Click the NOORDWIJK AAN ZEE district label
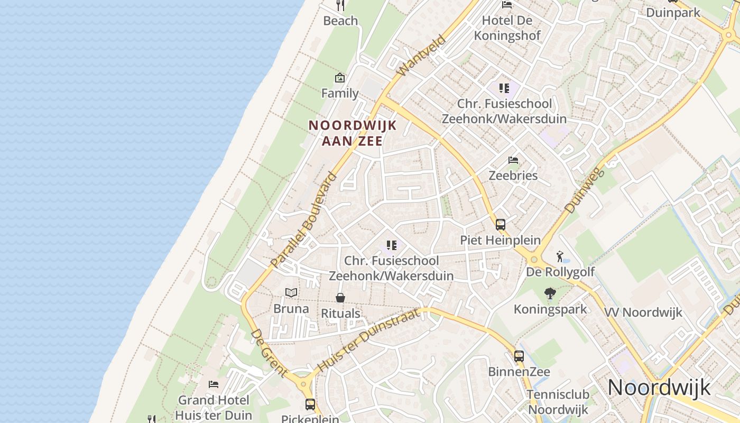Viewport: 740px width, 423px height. (x=352, y=133)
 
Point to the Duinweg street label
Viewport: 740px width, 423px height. (x=584, y=190)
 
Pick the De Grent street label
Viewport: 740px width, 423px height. (x=270, y=353)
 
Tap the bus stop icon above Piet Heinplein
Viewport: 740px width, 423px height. (x=500, y=224)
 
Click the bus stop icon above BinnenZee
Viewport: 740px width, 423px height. (x=519, y=356)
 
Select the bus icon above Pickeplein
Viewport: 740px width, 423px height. (x=310, y=404)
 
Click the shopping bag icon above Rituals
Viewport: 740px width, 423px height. (x=340, y=298)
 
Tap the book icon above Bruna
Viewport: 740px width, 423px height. (x=291, y=292)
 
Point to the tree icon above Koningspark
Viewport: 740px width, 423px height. (x=550, y=293)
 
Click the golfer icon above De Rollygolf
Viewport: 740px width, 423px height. (x=560, y=256)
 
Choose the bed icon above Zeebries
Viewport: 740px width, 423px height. (x=513, y=160)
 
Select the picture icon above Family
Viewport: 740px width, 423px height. (x=340, y=78)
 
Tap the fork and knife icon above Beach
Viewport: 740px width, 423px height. (x=340, y=6)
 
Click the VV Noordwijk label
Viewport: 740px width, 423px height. (x=643, y=312)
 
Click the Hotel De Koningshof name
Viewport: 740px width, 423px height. (x=507, y=28)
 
